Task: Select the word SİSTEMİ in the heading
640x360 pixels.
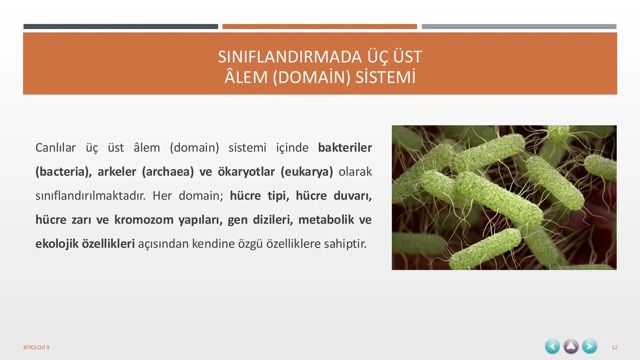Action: pyautogui.click(x=385, y=77)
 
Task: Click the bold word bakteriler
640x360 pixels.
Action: pyautogui.click(x=345, y=147)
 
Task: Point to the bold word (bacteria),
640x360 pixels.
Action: pyautogui.click(x=63, y=172)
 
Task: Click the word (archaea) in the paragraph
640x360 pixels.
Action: pyautogui.click(x=168, y=172)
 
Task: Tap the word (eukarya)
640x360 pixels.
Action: pyautogui.click(x=306, y=172)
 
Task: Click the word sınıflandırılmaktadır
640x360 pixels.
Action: pyautogui.click(x=90, y=196)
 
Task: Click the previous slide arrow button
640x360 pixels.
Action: pyautogui.click(x=552, y=347)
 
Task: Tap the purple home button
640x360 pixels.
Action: pyautogui.click(x=571, y=347)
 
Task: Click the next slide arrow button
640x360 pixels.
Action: pyautogui.click(x=589, y=347)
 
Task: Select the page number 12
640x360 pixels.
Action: pyautogui.click(x=614, y=347)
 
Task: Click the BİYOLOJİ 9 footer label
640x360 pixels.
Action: pyautogui.click(x=36, y=347)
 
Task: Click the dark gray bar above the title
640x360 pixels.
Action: pyautogui.click(x=121, y=26)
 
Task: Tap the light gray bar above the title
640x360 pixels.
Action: pyautogui.click(x=519, y=26)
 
